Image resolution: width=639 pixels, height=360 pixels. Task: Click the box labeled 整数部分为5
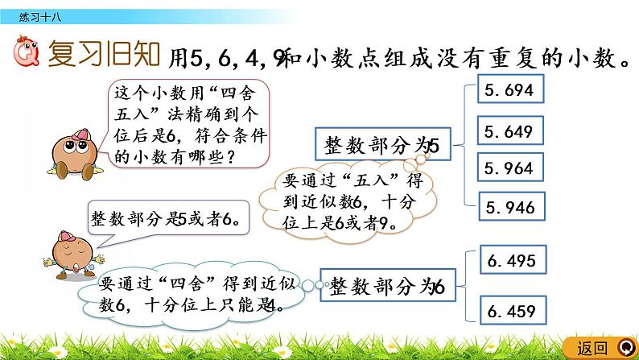pos(377,146)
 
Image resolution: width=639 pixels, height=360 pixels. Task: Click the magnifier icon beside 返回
pos(625,348)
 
